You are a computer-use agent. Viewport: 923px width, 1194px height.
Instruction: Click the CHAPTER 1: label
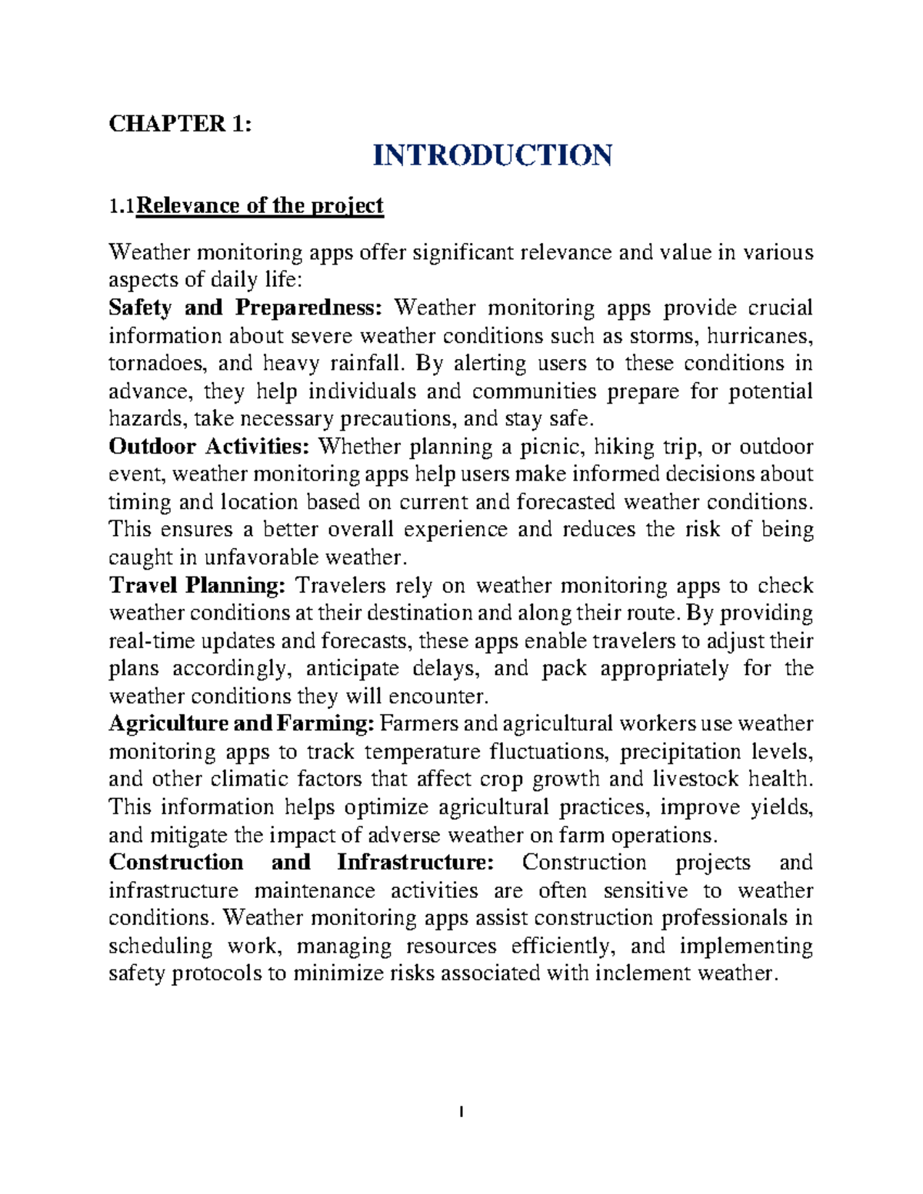(179, 124)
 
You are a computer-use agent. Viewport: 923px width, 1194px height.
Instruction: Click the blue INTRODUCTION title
(492, 155)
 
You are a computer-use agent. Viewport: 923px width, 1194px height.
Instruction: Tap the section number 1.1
(121, 206)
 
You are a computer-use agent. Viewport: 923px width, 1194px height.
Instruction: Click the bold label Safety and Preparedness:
(245, 308)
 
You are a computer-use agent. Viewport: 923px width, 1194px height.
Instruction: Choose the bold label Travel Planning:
(197, 586)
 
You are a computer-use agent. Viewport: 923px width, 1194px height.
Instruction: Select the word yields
(781, 807)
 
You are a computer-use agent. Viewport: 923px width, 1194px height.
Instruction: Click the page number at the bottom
(461, 1112)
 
